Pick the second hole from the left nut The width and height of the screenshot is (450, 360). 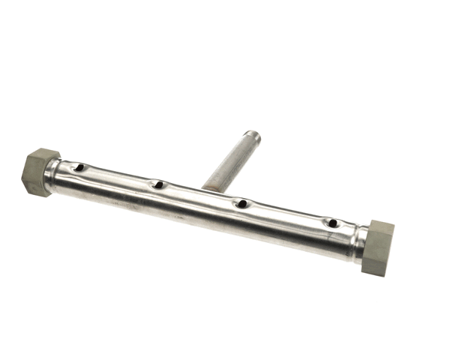158,184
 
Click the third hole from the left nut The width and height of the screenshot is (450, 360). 241,202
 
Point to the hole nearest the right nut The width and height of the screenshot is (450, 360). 330,223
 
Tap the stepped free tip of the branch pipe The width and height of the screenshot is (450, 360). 253,136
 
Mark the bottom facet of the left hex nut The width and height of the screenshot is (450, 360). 33,187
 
